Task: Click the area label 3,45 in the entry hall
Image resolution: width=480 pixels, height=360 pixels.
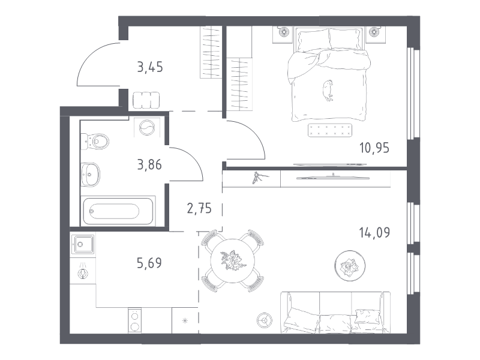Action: coord(150,67)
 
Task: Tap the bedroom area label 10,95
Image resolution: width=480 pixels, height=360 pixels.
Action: coord(374,148)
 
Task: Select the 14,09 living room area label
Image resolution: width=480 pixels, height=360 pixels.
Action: coord(374,233)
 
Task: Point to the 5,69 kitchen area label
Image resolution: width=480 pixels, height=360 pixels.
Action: coord(149,263)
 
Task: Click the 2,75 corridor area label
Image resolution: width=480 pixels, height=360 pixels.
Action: coord(199,208)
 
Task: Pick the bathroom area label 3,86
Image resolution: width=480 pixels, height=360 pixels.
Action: coord(149,165)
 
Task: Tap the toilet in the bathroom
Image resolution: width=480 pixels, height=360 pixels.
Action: coord(95,142)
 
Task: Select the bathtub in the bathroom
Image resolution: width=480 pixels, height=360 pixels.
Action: coord(118,211)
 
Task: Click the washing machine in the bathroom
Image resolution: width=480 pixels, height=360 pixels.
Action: coord(147,127)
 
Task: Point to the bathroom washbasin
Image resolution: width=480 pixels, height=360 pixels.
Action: coord(91,174)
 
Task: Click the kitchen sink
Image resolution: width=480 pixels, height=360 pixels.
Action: coord(83,244)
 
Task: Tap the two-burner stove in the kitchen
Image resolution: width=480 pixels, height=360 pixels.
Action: coord(134,320)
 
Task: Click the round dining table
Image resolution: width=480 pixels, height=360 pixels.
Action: coord(233,261)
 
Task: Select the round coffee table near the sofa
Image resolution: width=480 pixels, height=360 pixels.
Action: coord(350,266)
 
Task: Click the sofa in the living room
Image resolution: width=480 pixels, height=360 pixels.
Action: coord(335,312)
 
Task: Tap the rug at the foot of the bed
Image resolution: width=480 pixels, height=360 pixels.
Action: coord(330,130)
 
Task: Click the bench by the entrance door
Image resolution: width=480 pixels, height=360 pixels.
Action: coord(146,100)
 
